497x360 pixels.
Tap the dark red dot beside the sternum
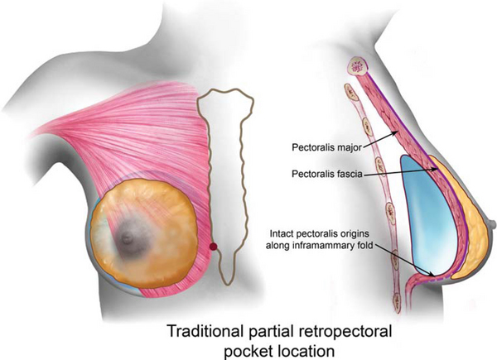[214, 247]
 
